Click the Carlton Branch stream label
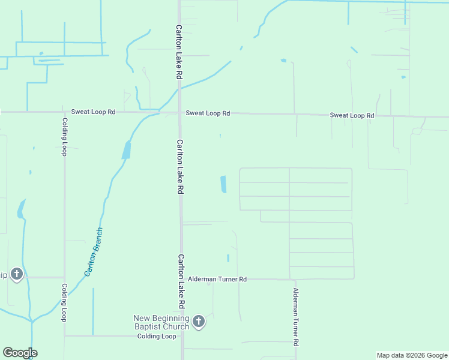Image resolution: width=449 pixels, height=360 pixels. (x=93, y=251)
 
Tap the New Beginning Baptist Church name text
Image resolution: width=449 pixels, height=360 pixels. (x=161, y=322)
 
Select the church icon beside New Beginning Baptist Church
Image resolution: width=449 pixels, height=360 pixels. (x=199, y=322)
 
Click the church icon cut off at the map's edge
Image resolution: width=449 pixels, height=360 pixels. (x=16, y=275)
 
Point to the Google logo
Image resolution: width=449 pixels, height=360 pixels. (x=20, y=353)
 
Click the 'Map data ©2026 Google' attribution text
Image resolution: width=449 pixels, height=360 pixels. (x=412, y=355)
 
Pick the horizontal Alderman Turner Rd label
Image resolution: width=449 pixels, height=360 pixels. (x=217, y=279)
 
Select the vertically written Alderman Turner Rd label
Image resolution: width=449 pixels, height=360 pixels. (x=295, y=316)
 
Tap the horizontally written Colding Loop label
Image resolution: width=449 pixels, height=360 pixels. (x=157, y=336)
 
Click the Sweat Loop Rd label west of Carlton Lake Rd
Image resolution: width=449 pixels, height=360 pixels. (x=93, y=112)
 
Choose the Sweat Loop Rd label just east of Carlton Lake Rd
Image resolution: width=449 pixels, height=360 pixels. (x=208, y=113)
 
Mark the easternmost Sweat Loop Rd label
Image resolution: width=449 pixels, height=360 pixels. (x=352, y=115)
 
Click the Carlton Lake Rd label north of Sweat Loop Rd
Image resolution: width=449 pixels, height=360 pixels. (x=178, y=52)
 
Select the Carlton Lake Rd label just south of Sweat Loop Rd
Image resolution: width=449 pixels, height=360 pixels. (x=179, y=166)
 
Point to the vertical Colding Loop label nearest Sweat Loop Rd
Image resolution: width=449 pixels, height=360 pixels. (x=64, y=137)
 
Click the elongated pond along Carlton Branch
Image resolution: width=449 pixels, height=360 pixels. (x=126, y=149)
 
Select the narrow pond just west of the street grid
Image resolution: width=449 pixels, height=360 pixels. (x=223, y=184)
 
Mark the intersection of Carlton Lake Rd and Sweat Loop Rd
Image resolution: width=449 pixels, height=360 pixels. (x=179, y=112)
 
